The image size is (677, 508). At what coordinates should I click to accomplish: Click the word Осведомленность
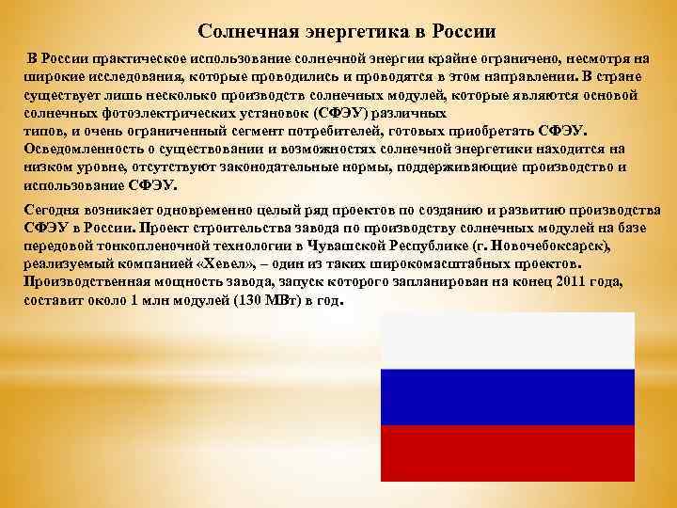(x=79, y=149)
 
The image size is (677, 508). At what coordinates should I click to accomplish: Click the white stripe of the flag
(x=508, y=339)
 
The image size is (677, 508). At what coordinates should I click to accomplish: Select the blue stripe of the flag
(x=508, y=396)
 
